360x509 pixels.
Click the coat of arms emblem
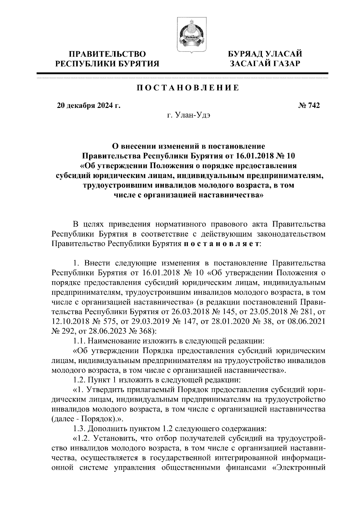[x=188, y=35]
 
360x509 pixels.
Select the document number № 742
[x=309, y=106]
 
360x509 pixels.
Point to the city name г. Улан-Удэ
[x=189, y=116]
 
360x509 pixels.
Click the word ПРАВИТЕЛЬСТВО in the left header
[x=108, y=54]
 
